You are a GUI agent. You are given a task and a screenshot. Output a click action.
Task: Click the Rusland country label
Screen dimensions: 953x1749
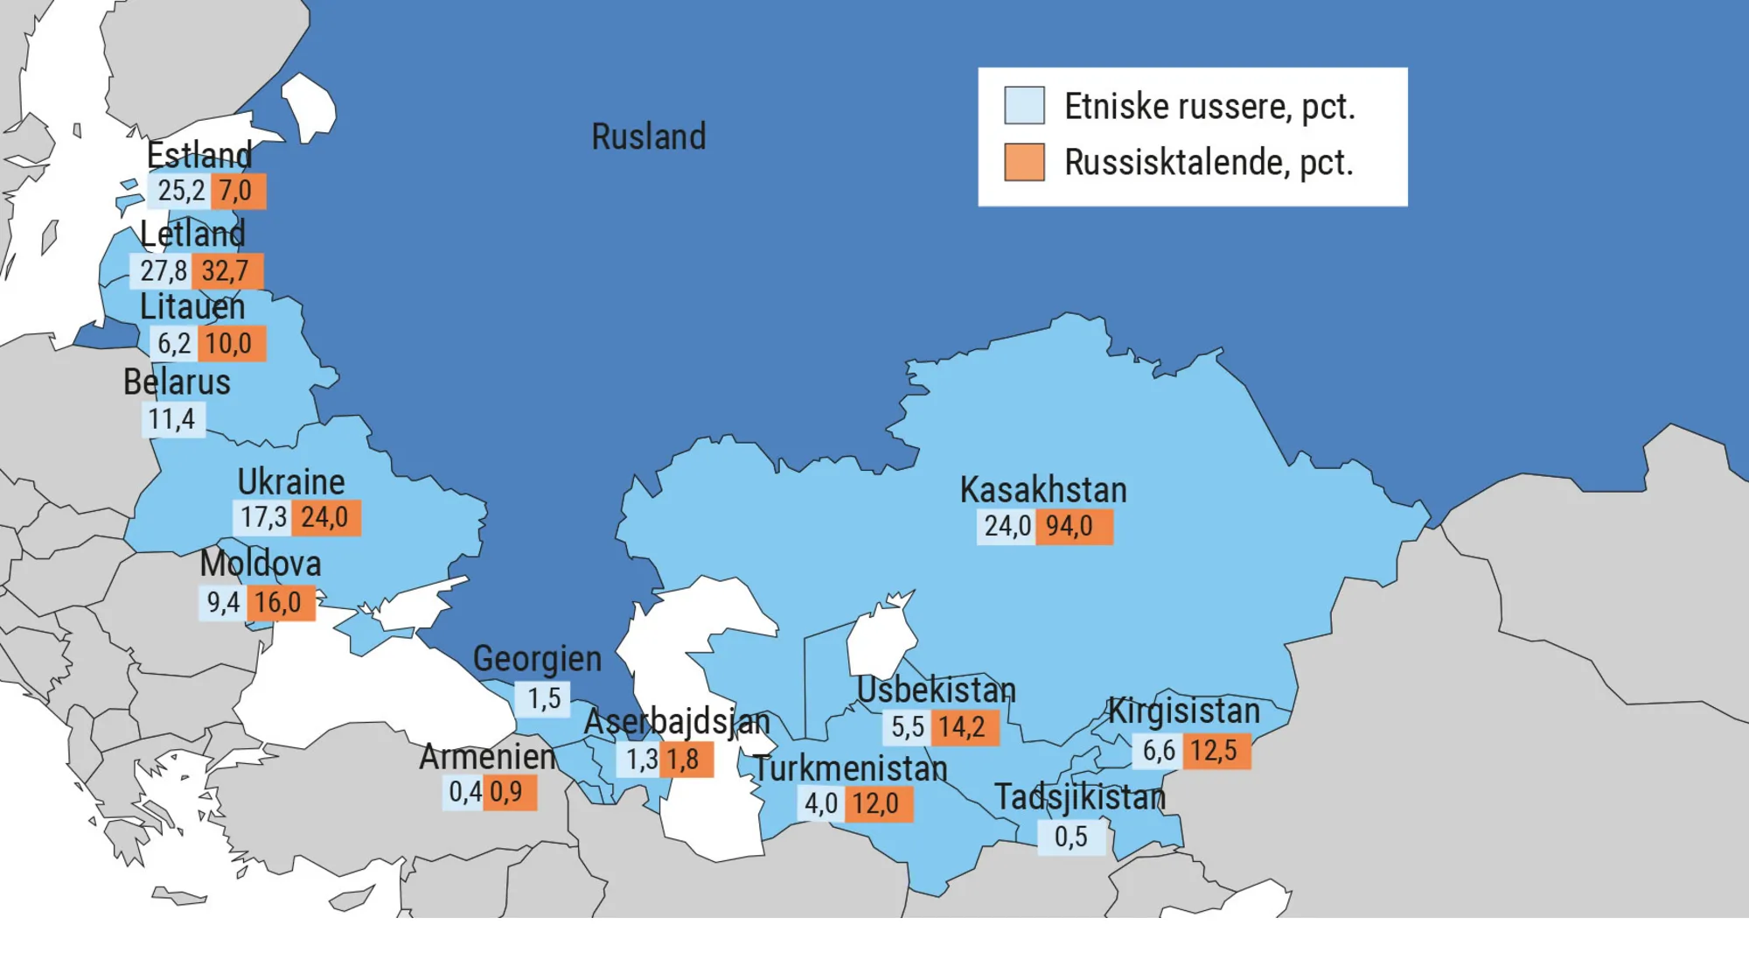pos(648,137)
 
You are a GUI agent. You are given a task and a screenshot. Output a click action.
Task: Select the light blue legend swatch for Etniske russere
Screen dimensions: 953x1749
pos(1024,106)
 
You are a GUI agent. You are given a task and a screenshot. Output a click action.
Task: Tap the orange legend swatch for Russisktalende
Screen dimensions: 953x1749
pos(1024,162)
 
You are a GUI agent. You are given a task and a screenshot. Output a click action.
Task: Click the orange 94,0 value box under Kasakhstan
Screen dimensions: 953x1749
pos(1073,527)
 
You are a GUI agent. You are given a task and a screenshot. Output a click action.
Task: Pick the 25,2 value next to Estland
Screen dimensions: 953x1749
pos(180,191)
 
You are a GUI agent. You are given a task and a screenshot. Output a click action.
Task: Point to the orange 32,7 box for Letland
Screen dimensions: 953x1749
pos(226,271)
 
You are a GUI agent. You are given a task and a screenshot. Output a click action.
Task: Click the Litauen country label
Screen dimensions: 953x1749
pos(192,307)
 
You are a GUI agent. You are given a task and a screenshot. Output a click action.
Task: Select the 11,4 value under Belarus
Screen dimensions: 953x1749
pos(172,419)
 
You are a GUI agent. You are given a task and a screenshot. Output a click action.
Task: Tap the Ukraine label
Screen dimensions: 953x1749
pos(291,482)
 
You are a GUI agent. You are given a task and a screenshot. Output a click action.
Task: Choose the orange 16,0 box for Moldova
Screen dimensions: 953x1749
pos(280,603)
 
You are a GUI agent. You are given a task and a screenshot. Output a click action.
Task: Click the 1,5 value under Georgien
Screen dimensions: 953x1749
pos(543,698)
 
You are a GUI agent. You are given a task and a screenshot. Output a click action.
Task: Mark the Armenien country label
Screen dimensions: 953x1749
pos(487,757)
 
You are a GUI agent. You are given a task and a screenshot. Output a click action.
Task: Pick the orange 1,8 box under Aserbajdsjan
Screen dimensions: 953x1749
pos(686,760)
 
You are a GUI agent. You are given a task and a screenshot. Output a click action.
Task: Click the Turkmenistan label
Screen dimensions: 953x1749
pos(850,769)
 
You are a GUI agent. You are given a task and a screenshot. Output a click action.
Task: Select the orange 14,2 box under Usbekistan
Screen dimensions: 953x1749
pos(964,727)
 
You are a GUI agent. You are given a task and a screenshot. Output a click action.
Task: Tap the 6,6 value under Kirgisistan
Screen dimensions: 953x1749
pos(1158,751)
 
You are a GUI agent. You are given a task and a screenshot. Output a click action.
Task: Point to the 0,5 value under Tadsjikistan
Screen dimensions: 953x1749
pos(1071,837)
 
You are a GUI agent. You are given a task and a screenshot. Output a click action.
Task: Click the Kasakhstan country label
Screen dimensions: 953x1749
pos(1043,490)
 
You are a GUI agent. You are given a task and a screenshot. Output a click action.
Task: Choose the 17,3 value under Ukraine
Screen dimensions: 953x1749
pos(263,518)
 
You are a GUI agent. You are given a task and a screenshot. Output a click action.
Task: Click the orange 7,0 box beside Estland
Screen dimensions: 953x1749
pos(237,191)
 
